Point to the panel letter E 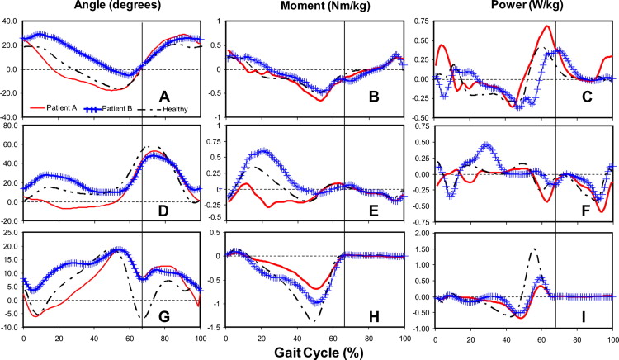point(374,211)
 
